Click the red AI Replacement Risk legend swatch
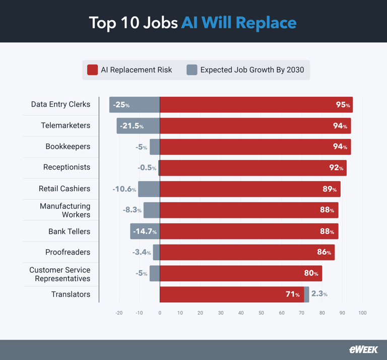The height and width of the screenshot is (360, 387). coord(92,70)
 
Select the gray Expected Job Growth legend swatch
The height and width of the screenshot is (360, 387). coord(191,70)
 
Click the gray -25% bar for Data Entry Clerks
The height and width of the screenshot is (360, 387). coord(135,105)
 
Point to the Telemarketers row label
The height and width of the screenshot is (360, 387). coord(66,126)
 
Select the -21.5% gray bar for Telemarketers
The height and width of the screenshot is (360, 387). coord(138,126)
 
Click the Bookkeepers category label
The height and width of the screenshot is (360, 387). coord(68,147)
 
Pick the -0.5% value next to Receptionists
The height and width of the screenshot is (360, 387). coord(147,168)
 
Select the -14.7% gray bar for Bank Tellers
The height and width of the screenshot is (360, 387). coord(145,231)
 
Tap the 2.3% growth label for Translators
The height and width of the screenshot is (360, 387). coord(319,294)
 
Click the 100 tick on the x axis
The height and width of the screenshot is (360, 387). coord(362,313)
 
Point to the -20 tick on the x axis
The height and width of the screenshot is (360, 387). coord(119,313)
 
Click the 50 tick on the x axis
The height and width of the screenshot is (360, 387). coord(261,313)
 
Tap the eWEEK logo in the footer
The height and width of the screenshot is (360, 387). coord(363,349)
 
